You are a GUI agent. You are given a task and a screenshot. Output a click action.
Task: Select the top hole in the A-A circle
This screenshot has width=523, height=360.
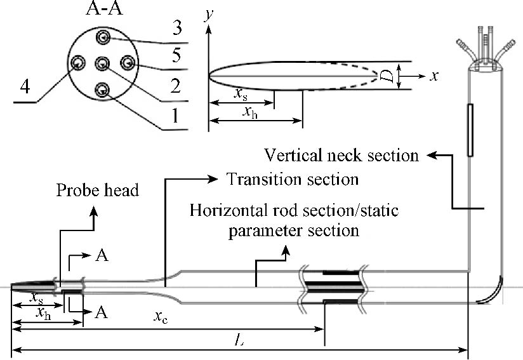click(x=103, y=39)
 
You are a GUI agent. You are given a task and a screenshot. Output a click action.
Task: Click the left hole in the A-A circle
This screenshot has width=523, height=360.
click(x=79, y=63)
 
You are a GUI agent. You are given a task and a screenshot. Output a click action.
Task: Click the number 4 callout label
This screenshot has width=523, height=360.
click(x=25, y=88)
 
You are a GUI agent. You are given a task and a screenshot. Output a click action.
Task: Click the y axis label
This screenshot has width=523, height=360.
click(x=207, y=15)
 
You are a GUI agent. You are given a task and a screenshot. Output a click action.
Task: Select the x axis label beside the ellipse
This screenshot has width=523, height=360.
click(x=435, y=76)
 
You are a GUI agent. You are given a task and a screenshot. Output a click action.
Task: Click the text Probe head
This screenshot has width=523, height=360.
click(x=97, y=190)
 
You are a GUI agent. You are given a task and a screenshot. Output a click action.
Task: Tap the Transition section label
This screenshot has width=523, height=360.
click(x=293, y=178)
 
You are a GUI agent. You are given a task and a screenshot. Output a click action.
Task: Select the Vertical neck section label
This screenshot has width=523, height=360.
click(x=341, y=155)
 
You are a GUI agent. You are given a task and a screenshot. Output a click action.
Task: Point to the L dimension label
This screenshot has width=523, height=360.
click(x=239, y=342)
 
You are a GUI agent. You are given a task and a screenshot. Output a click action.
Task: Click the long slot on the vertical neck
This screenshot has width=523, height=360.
click(x=469, y=130)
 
